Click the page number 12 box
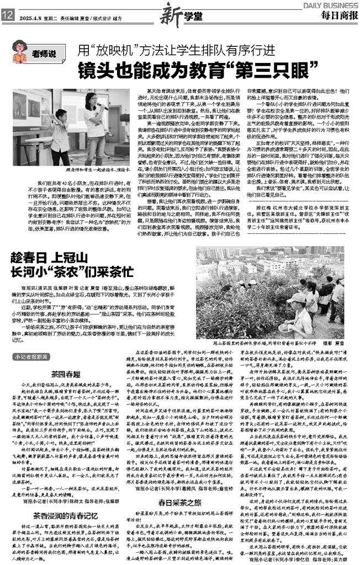pyautogui.click(x=8, y=17)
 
